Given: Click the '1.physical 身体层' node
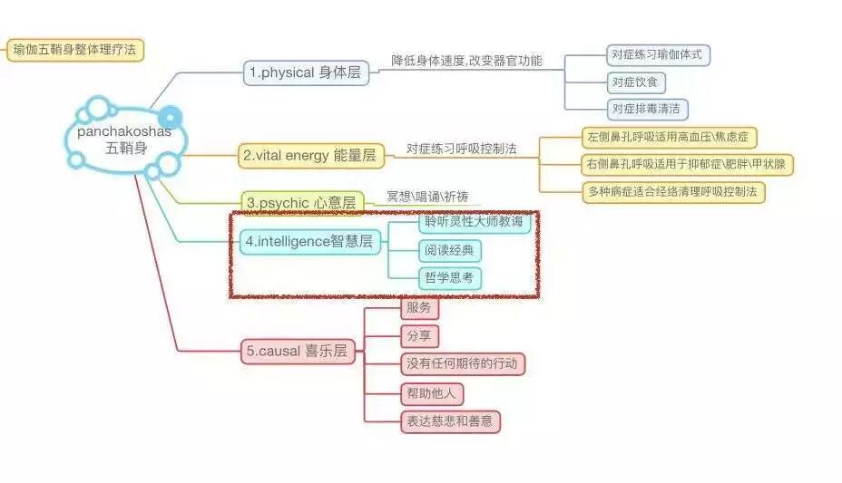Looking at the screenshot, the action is (306, 73).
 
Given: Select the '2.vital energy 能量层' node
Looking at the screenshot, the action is (309, 156).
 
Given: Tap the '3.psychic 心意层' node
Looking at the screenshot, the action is (302, 202).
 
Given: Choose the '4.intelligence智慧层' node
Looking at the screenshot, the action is (310, 241).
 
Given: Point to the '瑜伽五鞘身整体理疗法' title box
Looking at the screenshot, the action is (74, 50).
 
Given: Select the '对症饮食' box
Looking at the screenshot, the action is (637, 82).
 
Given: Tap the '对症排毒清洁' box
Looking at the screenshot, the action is (648, 110).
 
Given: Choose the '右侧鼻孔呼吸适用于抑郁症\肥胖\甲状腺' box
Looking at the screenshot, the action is (688, 165).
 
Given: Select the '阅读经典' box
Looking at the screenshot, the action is (450, 251).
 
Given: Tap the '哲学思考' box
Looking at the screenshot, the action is (450, 278).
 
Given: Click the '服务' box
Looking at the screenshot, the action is (419, 308).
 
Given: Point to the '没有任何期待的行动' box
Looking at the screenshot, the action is (463, 364).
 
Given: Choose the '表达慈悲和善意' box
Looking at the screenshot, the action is (450, 421).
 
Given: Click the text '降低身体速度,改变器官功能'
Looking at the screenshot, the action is (467, 61).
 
